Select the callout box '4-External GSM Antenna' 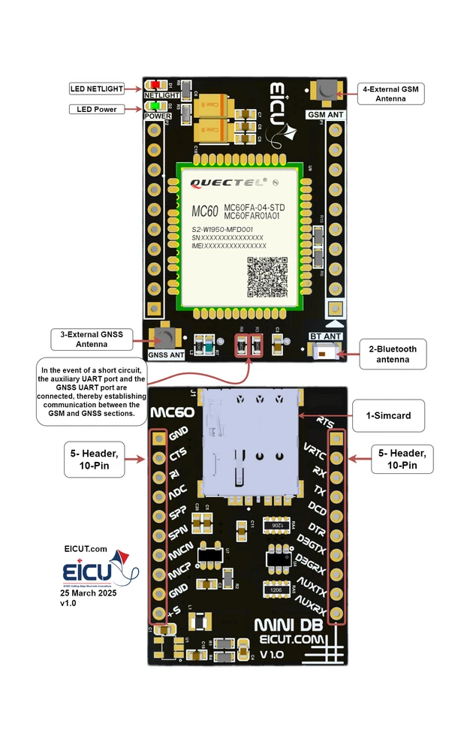click(390, 94)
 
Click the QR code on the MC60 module click(267, 276)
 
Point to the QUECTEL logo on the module click(225, 182)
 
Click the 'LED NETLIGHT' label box click(97, 89)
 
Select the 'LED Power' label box click(97, 110)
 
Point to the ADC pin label click(177, 493)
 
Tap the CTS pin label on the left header click(178, 455)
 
